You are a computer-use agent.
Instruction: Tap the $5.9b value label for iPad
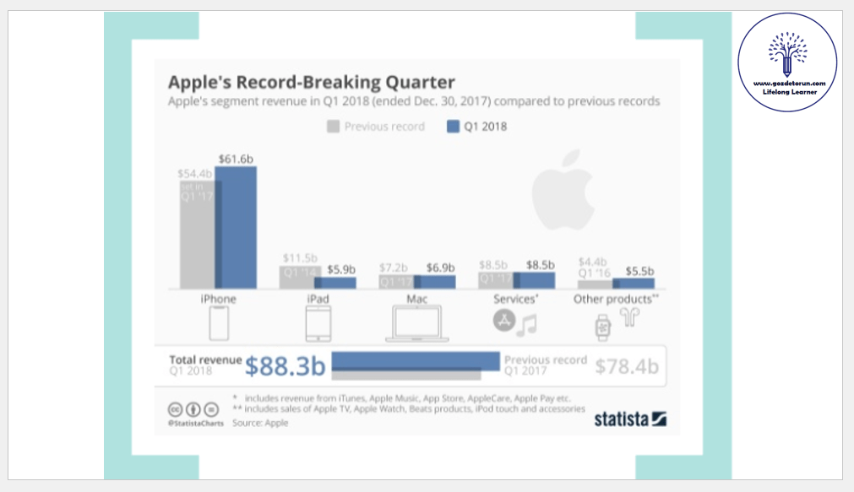(341, 271)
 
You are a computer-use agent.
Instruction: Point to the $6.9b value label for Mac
(441, 268)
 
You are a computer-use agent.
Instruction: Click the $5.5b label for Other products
(639, 272)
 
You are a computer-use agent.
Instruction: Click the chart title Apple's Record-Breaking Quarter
(312, 82)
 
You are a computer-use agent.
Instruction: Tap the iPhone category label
(218, 299)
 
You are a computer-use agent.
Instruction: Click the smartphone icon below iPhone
(219, 323)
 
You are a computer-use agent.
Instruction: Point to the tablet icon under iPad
(318, 323)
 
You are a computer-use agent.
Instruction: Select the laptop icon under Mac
(416, 324)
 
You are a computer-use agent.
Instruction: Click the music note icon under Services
(528, 325)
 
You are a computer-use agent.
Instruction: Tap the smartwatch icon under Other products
(602, 326)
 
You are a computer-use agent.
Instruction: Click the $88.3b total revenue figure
(286, 366)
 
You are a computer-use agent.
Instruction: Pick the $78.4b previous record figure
(626, 366)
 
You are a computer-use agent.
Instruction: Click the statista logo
(631, 419)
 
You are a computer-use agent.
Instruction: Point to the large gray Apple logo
(563, 189)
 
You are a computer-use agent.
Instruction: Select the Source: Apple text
(260, 422)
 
